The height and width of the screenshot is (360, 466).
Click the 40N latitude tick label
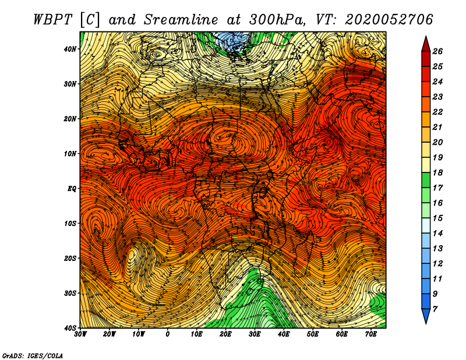70,49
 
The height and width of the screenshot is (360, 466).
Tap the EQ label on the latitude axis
72,189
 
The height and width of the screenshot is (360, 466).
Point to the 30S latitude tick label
70,293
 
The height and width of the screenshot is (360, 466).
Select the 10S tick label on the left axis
70,223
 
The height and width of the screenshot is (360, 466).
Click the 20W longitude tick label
110,334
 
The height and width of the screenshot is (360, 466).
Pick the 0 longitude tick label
168,334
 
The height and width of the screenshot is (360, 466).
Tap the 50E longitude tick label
313,334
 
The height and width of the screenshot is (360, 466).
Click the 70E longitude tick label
371,334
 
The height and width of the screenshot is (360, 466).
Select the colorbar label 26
437,51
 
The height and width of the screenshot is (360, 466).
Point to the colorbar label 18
437,172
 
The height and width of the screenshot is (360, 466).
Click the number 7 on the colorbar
435,309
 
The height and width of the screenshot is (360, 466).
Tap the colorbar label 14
437,234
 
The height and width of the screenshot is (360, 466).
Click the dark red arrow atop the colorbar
426,44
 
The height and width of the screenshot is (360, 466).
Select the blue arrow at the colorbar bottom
426,316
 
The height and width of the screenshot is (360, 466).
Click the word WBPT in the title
53,20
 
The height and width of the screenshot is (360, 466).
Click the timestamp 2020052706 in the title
389,20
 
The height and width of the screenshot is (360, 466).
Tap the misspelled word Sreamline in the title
181,20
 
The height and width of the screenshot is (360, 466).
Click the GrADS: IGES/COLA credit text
33,355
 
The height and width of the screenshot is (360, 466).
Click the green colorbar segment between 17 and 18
426,180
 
